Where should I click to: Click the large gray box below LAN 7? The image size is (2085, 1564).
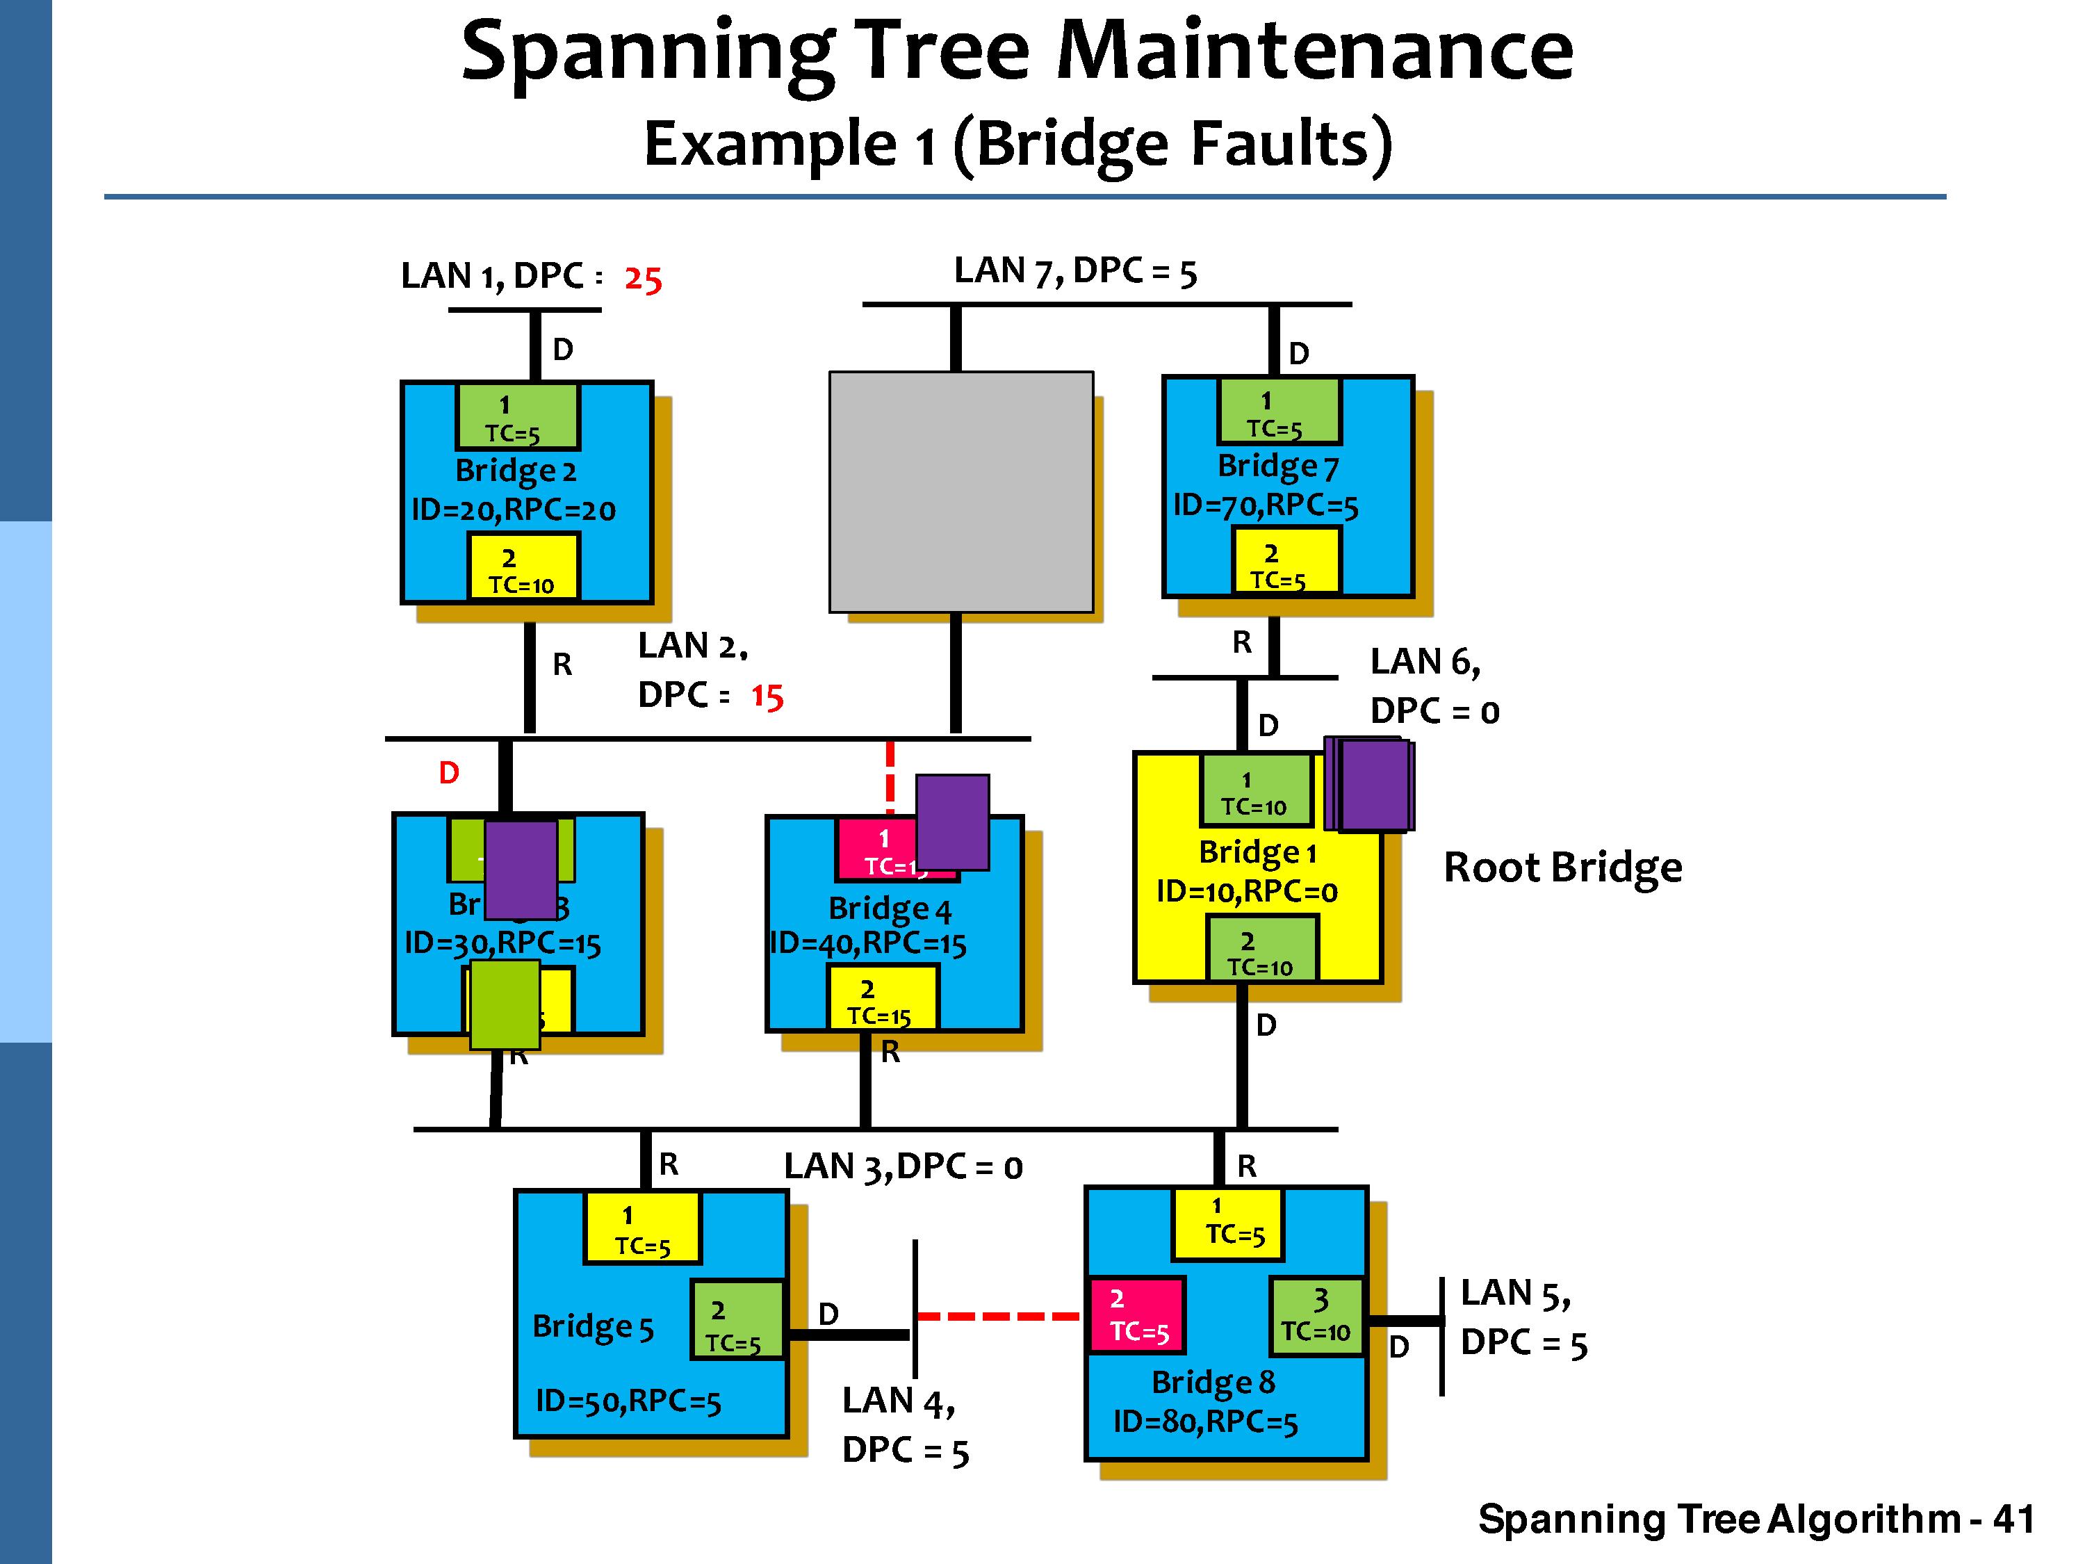pos(960,491)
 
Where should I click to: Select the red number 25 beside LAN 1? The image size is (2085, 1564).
pos(643,279)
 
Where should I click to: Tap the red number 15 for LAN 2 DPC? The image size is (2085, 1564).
pos(767,697)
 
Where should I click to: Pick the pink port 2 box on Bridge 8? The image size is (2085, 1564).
pos(1137,1315)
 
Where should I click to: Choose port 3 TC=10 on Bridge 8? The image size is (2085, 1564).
pos(1317,1316)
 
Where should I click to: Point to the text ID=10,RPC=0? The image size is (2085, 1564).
pos(1246,891)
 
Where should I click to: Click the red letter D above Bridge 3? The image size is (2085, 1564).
pos(449,773)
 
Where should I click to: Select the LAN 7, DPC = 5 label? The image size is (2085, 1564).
pos(1074,272)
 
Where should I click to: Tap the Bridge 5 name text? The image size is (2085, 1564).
pos(593,1326)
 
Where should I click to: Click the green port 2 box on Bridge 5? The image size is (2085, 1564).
pos(737,1319)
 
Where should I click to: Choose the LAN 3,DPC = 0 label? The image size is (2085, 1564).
pos(903,1167)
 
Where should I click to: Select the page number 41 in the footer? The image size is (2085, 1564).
pos(2013,1520)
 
